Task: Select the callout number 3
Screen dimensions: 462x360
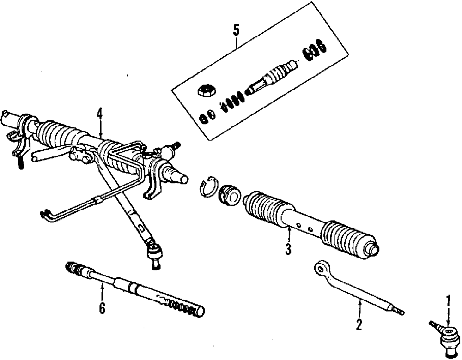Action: [288, 250]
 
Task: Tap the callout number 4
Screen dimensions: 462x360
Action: [99, 114]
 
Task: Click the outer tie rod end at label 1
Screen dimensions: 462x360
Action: [445, 333]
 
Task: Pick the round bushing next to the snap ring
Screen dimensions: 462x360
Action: [229, 194]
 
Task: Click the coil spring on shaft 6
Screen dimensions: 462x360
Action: [182, 306]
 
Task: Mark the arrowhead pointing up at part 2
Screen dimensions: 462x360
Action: [359, 300]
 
